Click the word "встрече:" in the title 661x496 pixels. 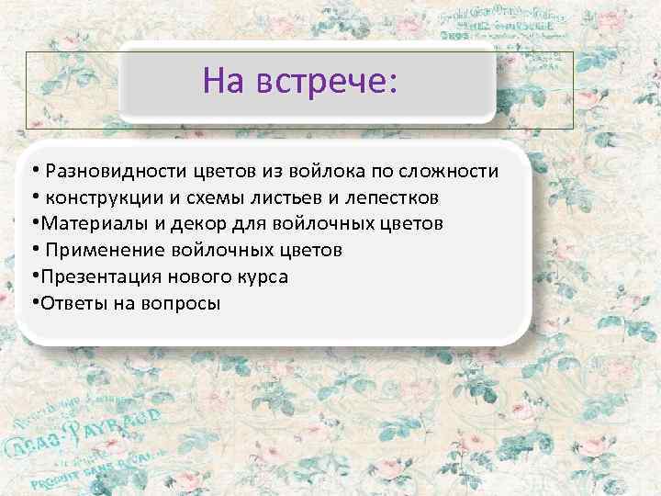[x=326, y=83]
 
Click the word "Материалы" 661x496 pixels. [x=83, y=223]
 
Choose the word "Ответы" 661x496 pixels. [x=67, y=303]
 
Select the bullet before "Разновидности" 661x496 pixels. [x=32, y=171]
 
